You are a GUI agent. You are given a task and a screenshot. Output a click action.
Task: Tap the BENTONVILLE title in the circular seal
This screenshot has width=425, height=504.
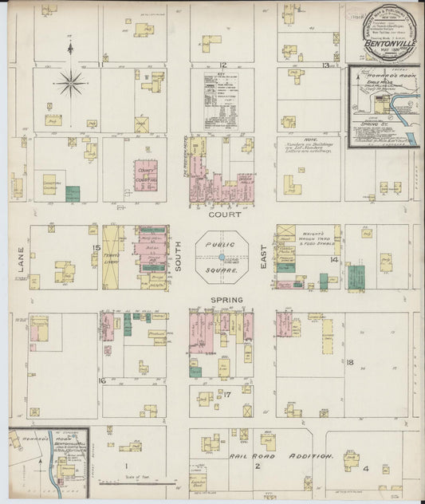(385, 38)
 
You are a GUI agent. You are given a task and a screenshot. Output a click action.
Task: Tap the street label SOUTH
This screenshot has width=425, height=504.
(178, 257)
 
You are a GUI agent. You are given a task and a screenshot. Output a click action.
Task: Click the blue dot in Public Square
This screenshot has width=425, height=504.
(219, 257)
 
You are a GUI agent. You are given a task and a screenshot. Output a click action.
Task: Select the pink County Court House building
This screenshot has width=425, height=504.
(145, 175)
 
